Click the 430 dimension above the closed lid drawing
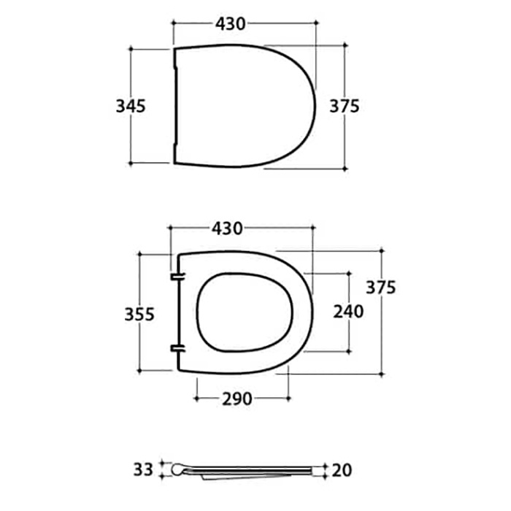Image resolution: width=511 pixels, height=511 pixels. click(230, 23)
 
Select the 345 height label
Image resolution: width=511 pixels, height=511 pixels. click(131, 106)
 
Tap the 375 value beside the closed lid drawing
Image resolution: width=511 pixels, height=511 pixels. click(345, 106)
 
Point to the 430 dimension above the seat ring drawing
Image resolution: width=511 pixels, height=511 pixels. click(227, 228)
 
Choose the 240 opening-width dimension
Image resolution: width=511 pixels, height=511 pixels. click(348, 312)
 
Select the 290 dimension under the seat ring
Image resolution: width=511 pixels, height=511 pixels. click(237, 399)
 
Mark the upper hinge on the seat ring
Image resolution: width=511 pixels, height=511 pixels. click(176, 277)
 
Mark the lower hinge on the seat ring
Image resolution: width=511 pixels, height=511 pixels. click(176, 348)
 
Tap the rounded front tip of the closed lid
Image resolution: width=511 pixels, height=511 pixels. click(315, 106)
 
